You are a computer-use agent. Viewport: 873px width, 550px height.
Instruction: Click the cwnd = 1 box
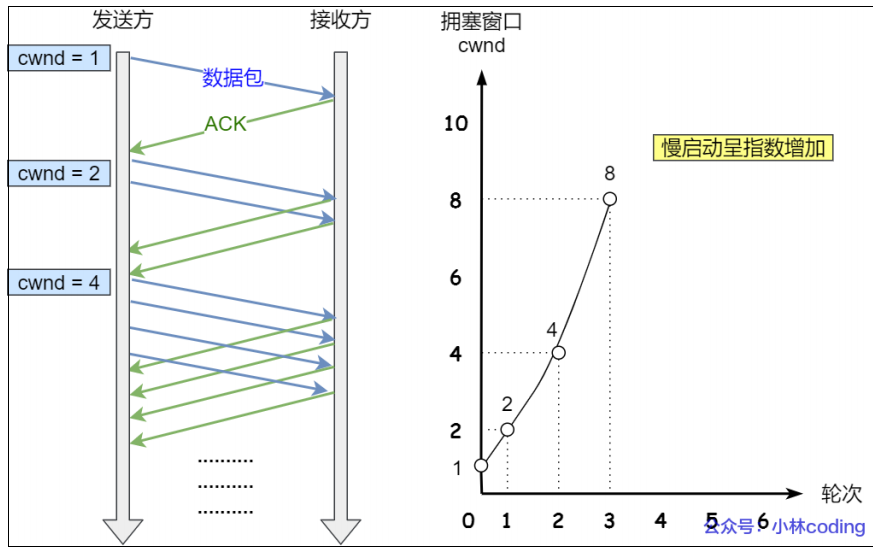click(59, 59)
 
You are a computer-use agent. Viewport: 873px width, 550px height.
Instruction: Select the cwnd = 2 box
click(59, 174)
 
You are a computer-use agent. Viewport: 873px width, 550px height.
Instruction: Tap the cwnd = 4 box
click(59, 283)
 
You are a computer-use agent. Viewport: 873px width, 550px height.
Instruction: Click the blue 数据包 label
click(233, 78)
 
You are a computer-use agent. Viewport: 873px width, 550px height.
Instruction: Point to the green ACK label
click(225, 124)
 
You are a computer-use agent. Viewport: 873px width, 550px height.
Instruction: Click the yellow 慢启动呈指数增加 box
click(744, 148)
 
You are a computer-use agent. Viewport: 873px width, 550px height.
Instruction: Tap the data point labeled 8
click(610, 199)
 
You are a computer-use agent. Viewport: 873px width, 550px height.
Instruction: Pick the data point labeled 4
click(558, 353)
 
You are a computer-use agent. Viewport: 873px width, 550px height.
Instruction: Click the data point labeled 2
click(507, 430)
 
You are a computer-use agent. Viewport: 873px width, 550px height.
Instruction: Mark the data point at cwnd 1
click(481, 465)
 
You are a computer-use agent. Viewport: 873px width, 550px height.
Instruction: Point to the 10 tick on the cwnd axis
click(456, 124)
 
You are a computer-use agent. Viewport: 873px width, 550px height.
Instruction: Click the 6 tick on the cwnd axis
click(456, 278)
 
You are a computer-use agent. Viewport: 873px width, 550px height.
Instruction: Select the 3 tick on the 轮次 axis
click(609, 520)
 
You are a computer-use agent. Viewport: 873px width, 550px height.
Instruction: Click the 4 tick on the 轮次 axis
click(660, 520)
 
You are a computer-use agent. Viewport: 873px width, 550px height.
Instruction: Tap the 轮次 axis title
click(840, 494)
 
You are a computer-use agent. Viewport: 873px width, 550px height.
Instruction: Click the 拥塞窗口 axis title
click(481, 21)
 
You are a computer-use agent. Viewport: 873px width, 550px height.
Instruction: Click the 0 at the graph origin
click(468, 520)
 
